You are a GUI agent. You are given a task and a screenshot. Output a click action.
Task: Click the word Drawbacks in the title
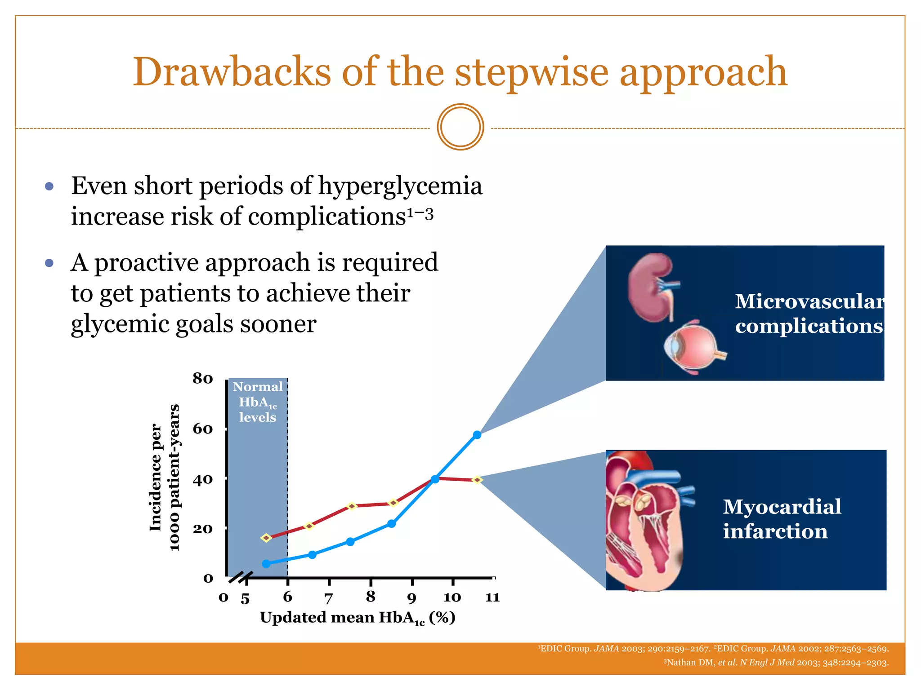pos(231,73)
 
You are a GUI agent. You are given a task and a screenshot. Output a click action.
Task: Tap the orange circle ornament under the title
pos(460,127)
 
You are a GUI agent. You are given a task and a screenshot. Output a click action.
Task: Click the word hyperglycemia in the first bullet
pos(400,186)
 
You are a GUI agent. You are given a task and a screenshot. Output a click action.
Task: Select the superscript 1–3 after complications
pos(420,214)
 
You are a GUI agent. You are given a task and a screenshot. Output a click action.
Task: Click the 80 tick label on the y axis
pos(202,379)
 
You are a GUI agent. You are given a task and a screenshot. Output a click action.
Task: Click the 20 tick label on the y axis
pos(202,529)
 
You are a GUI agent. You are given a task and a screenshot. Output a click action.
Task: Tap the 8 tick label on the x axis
pos(370,597)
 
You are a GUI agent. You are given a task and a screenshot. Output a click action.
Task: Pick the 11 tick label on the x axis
pos(492,597)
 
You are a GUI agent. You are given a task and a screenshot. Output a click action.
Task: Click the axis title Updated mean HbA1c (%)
pos(358,618)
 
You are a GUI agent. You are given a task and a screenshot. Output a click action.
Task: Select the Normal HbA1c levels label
pos(258,402)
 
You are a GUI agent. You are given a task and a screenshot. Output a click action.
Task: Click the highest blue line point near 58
pos(477,435)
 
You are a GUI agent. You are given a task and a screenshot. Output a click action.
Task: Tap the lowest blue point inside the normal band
pos(266,564)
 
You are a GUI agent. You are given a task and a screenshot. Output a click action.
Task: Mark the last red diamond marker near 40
pos(478,480)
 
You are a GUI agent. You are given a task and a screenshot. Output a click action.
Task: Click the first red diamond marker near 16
pos(266,538)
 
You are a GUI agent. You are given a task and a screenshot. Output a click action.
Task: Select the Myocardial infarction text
pos(782,519)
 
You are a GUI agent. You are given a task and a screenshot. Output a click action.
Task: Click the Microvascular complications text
pos(809,314)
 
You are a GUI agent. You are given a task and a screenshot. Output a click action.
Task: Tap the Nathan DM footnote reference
pos(776,663)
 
